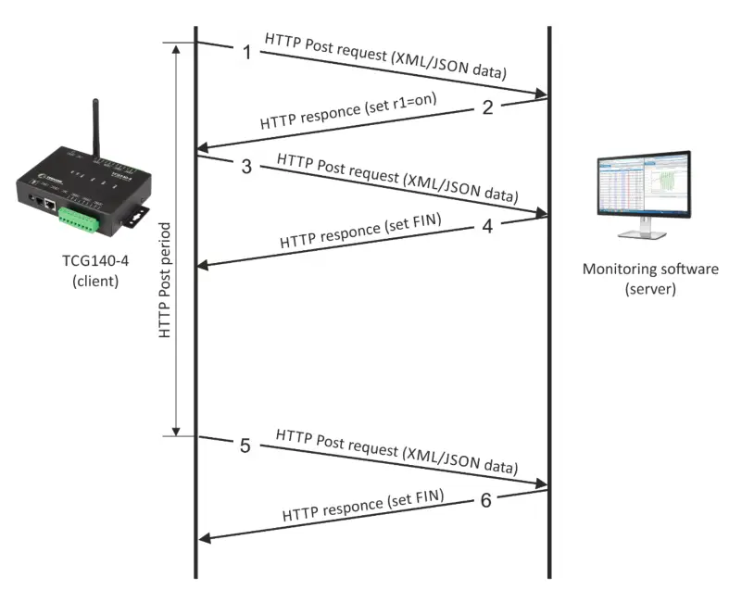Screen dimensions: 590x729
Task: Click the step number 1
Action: pyautogui.click(x=246, y=52)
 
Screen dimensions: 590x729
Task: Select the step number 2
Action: pyautogui.click(x=487, y=107)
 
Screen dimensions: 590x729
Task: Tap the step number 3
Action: pyautogui.click(x=245, y=167)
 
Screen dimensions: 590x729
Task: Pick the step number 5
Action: pyautogui.click(x=245, y=446)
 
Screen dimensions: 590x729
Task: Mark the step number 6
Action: pyautogui.click(x=487, y=500)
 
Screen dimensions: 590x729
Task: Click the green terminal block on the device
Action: pyautogui.click(x=81, y=217)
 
